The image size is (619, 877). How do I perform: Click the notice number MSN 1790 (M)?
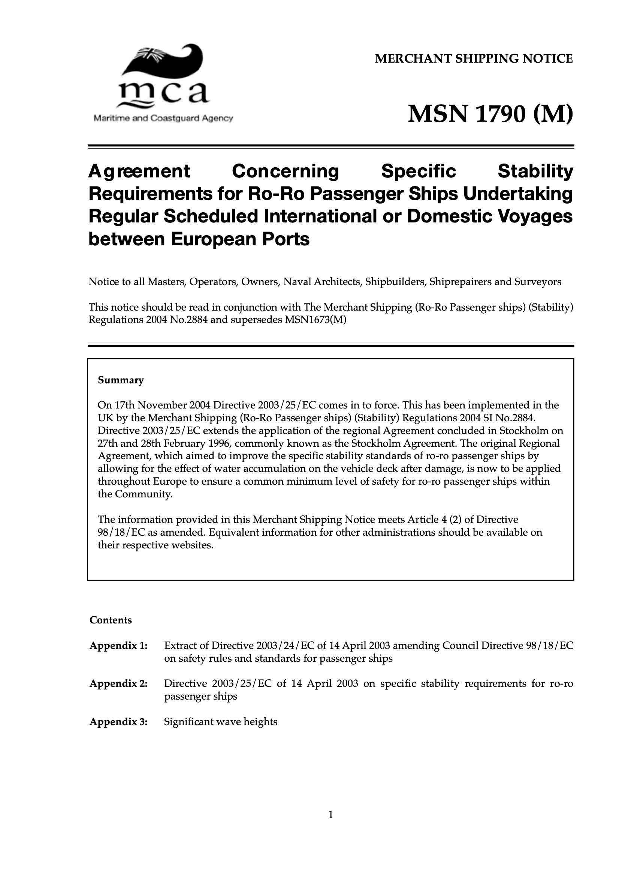click(490, 114)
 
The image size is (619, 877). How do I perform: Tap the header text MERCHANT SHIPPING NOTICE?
click(474, 59)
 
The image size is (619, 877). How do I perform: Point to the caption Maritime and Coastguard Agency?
click(163, 119)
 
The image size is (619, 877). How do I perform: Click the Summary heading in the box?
click(121, 380)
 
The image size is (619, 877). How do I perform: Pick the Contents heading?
click(111, 620)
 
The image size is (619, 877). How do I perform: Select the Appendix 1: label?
click(118, 646)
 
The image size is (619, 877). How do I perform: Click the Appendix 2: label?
click(118, 683)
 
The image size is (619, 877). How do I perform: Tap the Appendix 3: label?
click(118, 722)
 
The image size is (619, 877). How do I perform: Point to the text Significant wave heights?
click(221, 722)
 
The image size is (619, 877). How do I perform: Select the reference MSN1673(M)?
click(315, 320)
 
